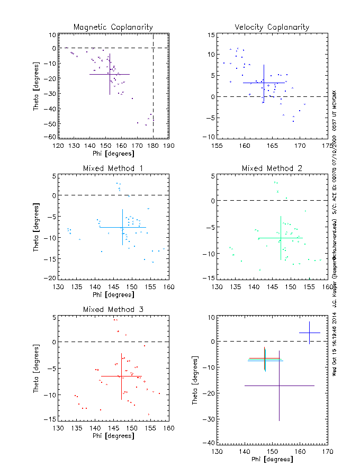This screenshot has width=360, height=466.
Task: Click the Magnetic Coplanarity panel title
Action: (x=113, y=27)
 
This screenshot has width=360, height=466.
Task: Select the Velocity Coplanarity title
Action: (x=272, y=27)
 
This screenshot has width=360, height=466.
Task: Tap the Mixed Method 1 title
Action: (x=113, y=168)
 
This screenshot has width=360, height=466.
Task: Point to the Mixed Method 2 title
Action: (x=272, y=168)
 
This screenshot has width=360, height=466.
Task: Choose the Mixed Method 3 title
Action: (x=113, y=309)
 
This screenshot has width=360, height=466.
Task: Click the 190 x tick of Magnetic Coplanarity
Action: (x=169, y=146)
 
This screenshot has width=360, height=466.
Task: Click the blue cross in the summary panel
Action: (x=309, y=333)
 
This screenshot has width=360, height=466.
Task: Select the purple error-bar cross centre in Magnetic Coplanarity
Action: (x=110, y=74)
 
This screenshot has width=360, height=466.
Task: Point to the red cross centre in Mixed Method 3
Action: (x=121, y=376)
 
